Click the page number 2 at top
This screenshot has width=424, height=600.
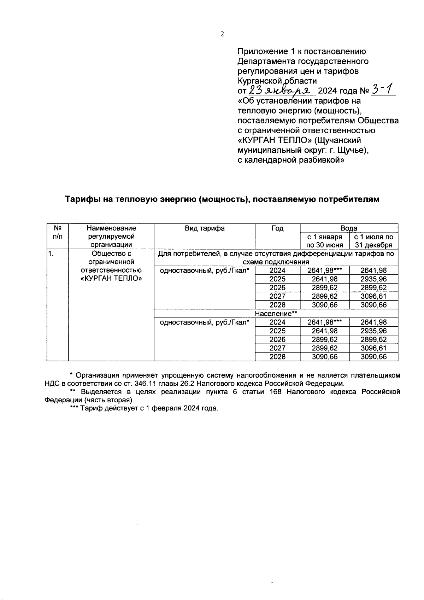tap(222, 34)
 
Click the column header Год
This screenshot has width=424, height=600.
tap(277, 228)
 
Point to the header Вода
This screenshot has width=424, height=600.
tap(349, 228)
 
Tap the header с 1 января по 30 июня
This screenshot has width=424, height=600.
tap(324, 241)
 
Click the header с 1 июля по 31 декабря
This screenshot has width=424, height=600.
tap(373, 241)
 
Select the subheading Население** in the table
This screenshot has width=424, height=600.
tap(276, 314)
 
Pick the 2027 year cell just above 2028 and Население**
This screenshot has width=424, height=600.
tap(277, 296)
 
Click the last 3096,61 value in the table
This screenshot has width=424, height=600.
tap(373, 348)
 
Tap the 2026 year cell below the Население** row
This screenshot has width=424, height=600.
tap(277, 340)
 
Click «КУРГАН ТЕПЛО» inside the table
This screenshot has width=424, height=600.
tap(111, 279)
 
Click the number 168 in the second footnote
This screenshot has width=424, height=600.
tap(276, 392)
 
